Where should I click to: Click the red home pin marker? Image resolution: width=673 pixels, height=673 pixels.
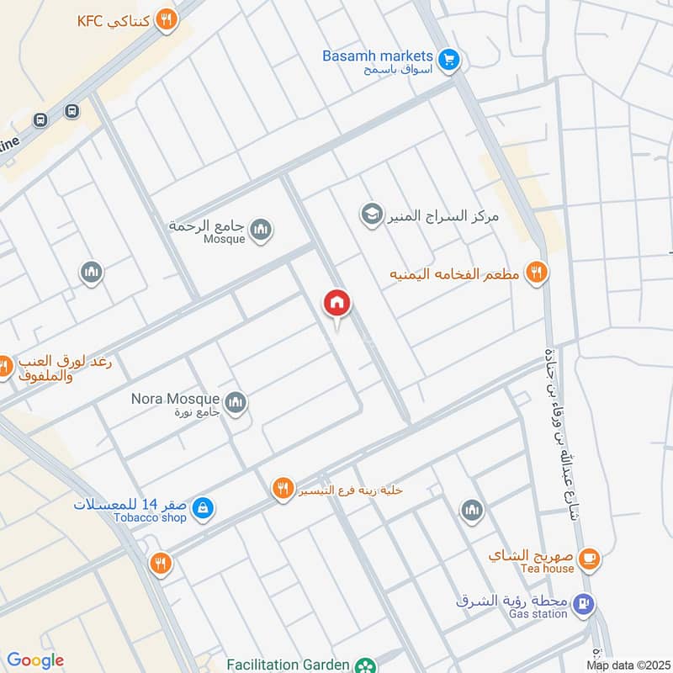(x=337, y=304)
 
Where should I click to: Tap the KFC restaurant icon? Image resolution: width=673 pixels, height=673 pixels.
(x=167, y=19)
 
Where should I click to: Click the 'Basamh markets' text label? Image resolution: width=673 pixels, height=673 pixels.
(x=378, y=56)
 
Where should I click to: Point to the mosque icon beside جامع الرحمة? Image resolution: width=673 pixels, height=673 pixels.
(x=261, y=229)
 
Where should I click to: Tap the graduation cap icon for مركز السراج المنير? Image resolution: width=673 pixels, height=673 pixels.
(x=370, y=215)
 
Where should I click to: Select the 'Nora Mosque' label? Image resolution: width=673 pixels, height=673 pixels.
(x=175, y=398)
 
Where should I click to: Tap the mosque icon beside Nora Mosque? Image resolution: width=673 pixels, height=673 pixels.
(x=236, y=402)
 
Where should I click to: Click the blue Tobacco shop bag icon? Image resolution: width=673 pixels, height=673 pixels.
(x=203, y=508)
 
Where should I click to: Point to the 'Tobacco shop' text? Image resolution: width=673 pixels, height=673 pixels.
(x=151, y=517)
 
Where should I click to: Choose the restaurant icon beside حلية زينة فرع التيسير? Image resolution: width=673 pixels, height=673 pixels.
(x=283, y=488)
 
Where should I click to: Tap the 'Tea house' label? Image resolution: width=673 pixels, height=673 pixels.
(x=547, y=569)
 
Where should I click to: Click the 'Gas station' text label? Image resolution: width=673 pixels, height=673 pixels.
(x=538, y=614)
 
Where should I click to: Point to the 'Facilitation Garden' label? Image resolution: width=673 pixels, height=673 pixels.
(x=286, y=665)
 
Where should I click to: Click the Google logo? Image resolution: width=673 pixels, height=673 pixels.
(x=35, y=660)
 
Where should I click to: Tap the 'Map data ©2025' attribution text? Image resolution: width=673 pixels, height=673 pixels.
(x=628, y=665)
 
